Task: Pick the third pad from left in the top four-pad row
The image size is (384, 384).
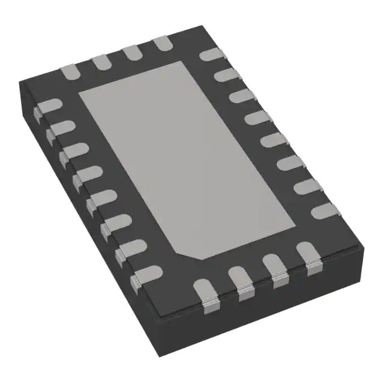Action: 131,53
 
